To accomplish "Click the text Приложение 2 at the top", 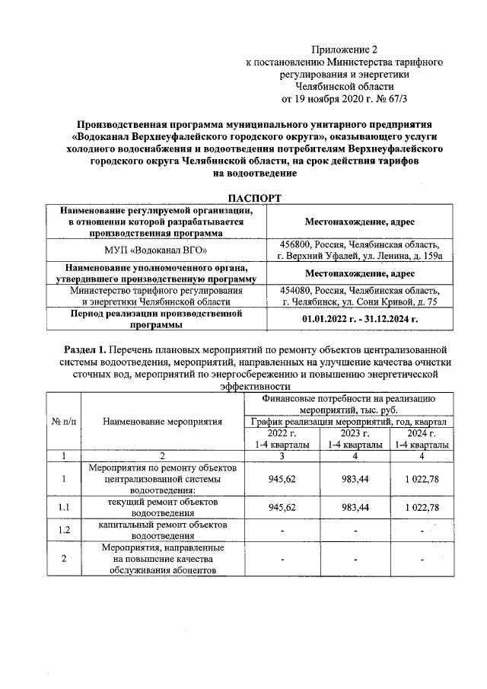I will click(x=343, y=49).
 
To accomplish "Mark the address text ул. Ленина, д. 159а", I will click(x=400, y=257).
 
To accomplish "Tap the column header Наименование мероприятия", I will click(x=161, y=420).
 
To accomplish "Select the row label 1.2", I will click(x=63, y=530).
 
